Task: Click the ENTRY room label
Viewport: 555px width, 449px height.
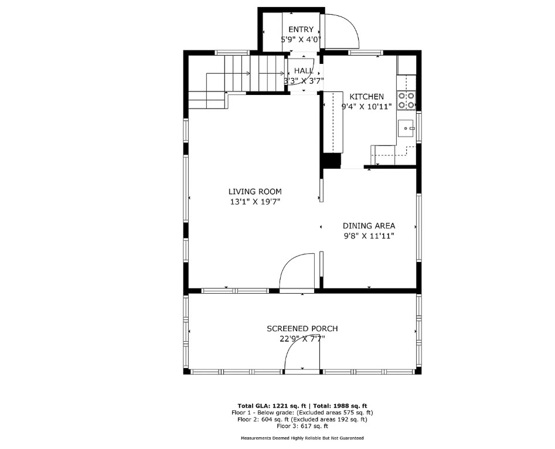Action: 301,29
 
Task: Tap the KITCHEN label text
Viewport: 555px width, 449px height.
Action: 366,97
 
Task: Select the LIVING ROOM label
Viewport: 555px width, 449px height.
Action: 255,192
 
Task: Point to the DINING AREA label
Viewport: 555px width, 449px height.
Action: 369,226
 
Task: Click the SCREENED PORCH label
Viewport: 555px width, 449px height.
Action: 302,329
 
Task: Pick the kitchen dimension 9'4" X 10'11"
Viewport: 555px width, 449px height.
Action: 366,107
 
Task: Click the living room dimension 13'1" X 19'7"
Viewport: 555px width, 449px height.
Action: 255,202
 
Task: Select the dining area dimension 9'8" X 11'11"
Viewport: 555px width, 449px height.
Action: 369,236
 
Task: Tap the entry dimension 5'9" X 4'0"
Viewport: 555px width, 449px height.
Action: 301,39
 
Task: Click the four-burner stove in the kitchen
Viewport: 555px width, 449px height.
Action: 406,100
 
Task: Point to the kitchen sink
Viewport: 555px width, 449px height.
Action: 406,128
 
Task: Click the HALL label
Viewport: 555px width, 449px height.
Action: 304,71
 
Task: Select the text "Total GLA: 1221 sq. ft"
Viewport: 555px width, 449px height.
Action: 272,406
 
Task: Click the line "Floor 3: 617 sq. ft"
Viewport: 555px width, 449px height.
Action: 302,426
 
